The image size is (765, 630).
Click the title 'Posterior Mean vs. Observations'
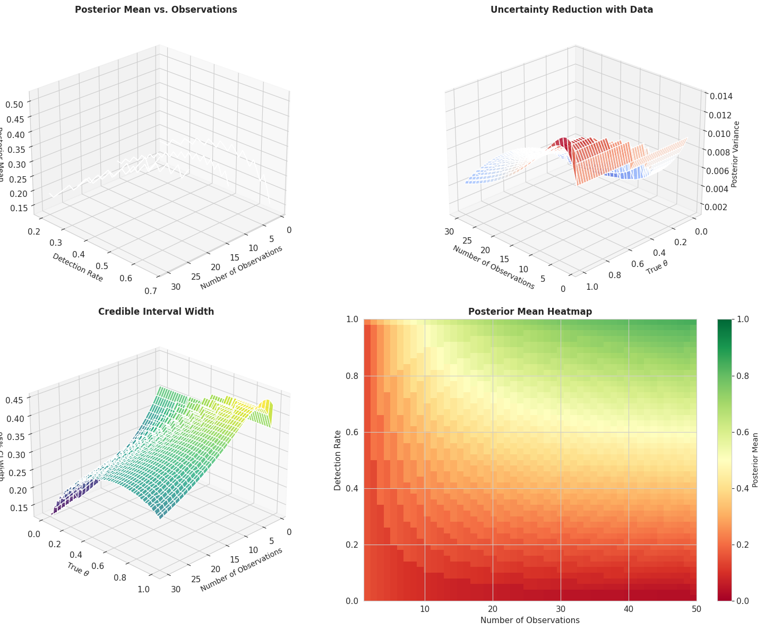[156, 10]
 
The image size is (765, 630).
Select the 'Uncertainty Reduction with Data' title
[572, 10]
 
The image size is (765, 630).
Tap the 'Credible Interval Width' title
[156, 312]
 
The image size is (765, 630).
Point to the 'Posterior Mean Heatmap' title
[530, 312]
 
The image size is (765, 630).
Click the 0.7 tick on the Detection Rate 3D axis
[151, 290]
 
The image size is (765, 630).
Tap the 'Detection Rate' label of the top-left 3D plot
[78, 267]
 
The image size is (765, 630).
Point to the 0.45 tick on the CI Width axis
[17, 400]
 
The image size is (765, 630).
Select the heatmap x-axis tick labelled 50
[696, 609]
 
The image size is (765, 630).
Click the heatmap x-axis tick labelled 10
[425, 609]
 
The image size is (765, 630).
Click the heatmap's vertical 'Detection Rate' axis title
[337, 460]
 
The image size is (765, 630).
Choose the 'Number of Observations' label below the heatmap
[530, 620]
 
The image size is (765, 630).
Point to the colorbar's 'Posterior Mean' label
[755, 460]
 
